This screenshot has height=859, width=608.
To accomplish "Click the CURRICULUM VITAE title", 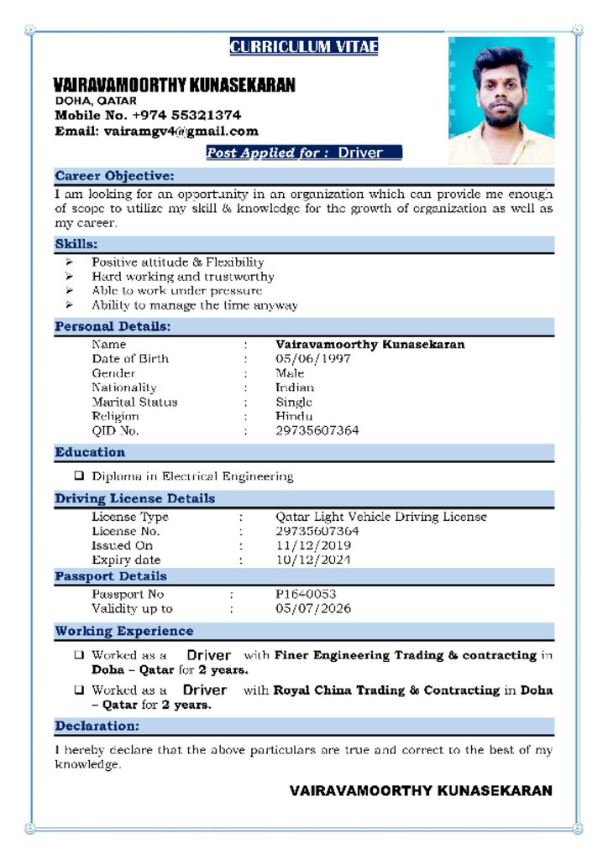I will [x=303, y=47].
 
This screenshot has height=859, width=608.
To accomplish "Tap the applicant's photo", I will [x=501, y=100].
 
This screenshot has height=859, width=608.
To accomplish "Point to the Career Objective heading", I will [x=114, y=176].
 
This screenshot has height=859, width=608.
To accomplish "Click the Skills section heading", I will [x=76, y=244].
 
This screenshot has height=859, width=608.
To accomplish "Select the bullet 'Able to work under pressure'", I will [x=176, y=290].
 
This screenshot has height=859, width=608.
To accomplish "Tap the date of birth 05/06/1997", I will [x=312, y=359].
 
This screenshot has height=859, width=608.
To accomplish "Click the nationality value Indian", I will [x=295, y=388].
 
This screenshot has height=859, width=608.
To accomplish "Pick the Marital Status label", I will [x=134, y=402].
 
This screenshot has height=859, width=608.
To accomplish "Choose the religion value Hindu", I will [x=294, y=416].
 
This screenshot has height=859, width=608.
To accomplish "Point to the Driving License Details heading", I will [x=134, y=498].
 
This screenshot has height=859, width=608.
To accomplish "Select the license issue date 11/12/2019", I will [x=312, y=545].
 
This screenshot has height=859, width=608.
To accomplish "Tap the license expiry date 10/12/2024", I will [x=312, y=560].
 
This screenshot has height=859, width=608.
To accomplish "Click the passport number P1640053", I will [x=306, y=594].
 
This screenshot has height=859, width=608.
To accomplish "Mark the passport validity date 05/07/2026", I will [x=312, y=608].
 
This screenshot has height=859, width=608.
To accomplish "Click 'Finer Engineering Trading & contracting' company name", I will [x=405, y=655].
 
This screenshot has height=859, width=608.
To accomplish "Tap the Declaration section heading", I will [x=97, y=726].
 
